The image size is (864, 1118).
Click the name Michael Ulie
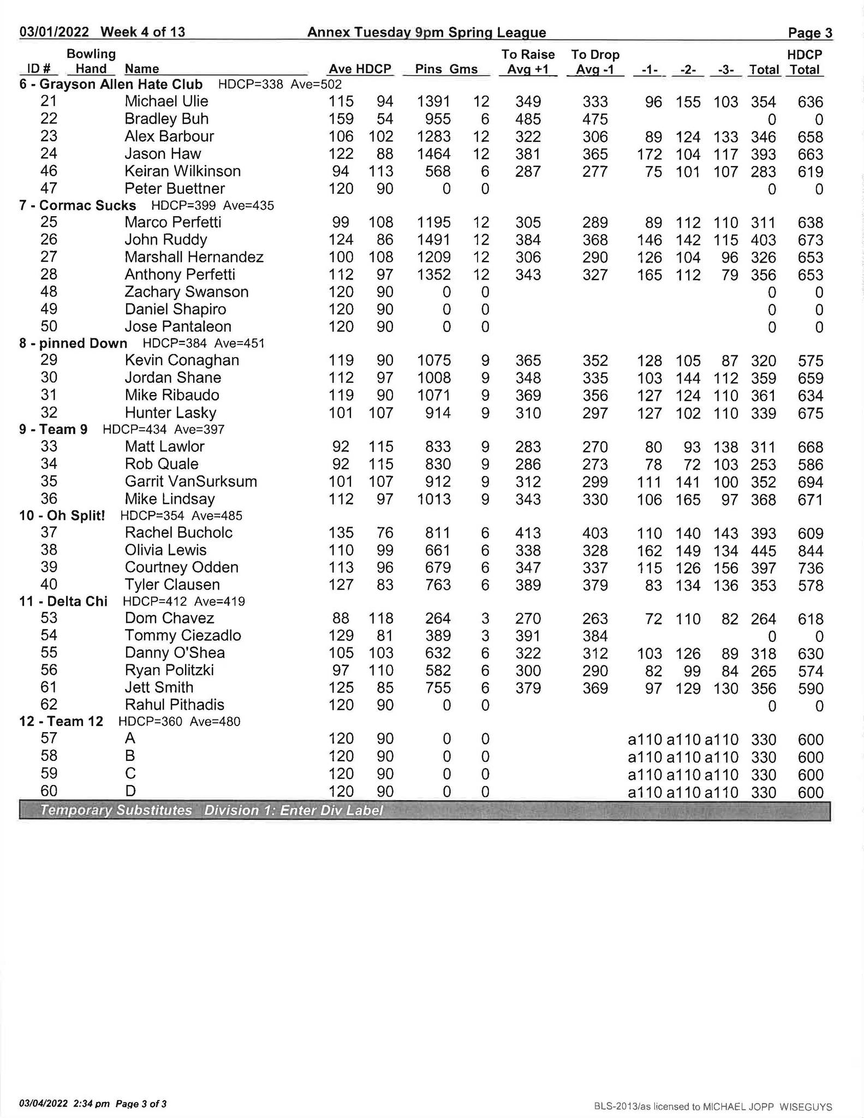click(166, 102)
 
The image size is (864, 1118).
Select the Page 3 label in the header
click(810, 33)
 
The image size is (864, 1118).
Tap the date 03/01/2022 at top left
click(54, 32)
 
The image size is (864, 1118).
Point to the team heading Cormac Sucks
click(87, 206)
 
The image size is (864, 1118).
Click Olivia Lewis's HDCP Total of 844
click(810, 551)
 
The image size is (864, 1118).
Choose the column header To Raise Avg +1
click(528, 62)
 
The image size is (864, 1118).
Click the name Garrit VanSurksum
click(190, 482)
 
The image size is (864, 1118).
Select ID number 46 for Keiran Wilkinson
click(49, 171)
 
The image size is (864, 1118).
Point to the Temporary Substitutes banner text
click(116, 810)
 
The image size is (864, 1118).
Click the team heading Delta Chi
click(77, 602)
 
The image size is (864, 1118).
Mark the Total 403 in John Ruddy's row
click(763, 240)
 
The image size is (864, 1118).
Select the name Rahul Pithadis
click(174, 705)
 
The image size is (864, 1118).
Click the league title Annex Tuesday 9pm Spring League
click(426, 33)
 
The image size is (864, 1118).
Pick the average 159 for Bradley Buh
click(341, 119)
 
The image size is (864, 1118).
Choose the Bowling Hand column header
click(91, 61)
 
